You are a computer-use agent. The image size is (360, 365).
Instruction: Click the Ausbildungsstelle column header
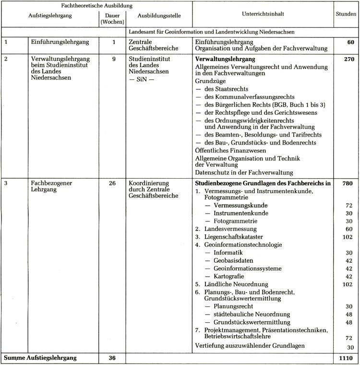[158, 15]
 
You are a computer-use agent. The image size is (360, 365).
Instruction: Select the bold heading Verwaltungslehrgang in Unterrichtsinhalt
[225, 59]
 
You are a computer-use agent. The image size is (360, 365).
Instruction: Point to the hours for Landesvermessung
[349, 229]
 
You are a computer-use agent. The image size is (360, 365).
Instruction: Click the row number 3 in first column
[6, 183]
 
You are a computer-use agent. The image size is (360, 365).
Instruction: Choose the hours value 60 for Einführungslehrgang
[350, 42]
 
